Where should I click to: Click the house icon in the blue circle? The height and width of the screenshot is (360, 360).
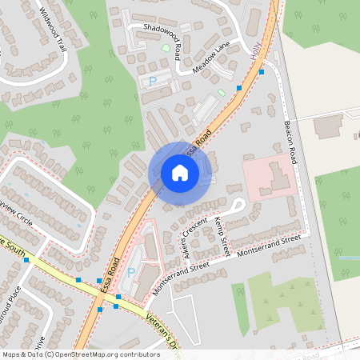(x=180, y=173)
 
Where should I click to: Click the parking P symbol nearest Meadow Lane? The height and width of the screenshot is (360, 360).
(x=153, y=82)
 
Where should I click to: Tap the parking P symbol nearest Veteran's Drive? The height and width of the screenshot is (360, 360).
(x=132, y=273)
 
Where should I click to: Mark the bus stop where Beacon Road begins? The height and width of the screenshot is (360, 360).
(x=262, y=72)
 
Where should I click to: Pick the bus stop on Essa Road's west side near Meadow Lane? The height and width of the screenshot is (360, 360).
(x=239, y=86)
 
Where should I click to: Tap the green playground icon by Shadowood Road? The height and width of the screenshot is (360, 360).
(x=166, y=49)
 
